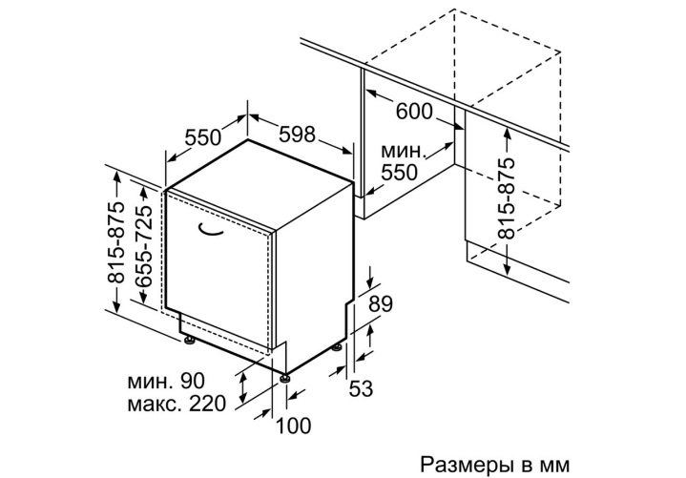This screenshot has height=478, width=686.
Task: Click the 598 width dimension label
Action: point(297,134)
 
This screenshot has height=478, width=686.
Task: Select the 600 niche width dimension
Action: point(414,111)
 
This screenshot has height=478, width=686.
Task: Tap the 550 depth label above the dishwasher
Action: point(202,137)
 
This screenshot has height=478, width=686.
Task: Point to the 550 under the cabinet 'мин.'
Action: point(399,173)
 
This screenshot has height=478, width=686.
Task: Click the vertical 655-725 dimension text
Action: point(143,245)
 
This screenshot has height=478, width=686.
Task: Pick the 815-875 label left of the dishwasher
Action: point(116,242)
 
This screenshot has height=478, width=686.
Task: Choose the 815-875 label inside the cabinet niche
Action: point(507,198)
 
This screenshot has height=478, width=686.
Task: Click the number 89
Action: point(380,304)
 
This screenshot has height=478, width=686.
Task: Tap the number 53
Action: point(361,388)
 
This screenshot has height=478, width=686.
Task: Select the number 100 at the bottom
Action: point(294,426)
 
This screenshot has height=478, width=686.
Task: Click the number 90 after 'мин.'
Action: point(193,381)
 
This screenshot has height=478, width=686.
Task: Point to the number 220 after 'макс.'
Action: point(207,404)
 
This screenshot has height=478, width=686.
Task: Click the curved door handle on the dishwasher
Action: point(211,231)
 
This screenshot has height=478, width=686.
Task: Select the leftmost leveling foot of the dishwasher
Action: point(190,341)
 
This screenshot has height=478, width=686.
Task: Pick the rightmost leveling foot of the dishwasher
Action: point(337,347)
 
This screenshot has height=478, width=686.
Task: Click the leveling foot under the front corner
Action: point(285,378)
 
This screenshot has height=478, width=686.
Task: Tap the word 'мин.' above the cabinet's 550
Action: point(403,152)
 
